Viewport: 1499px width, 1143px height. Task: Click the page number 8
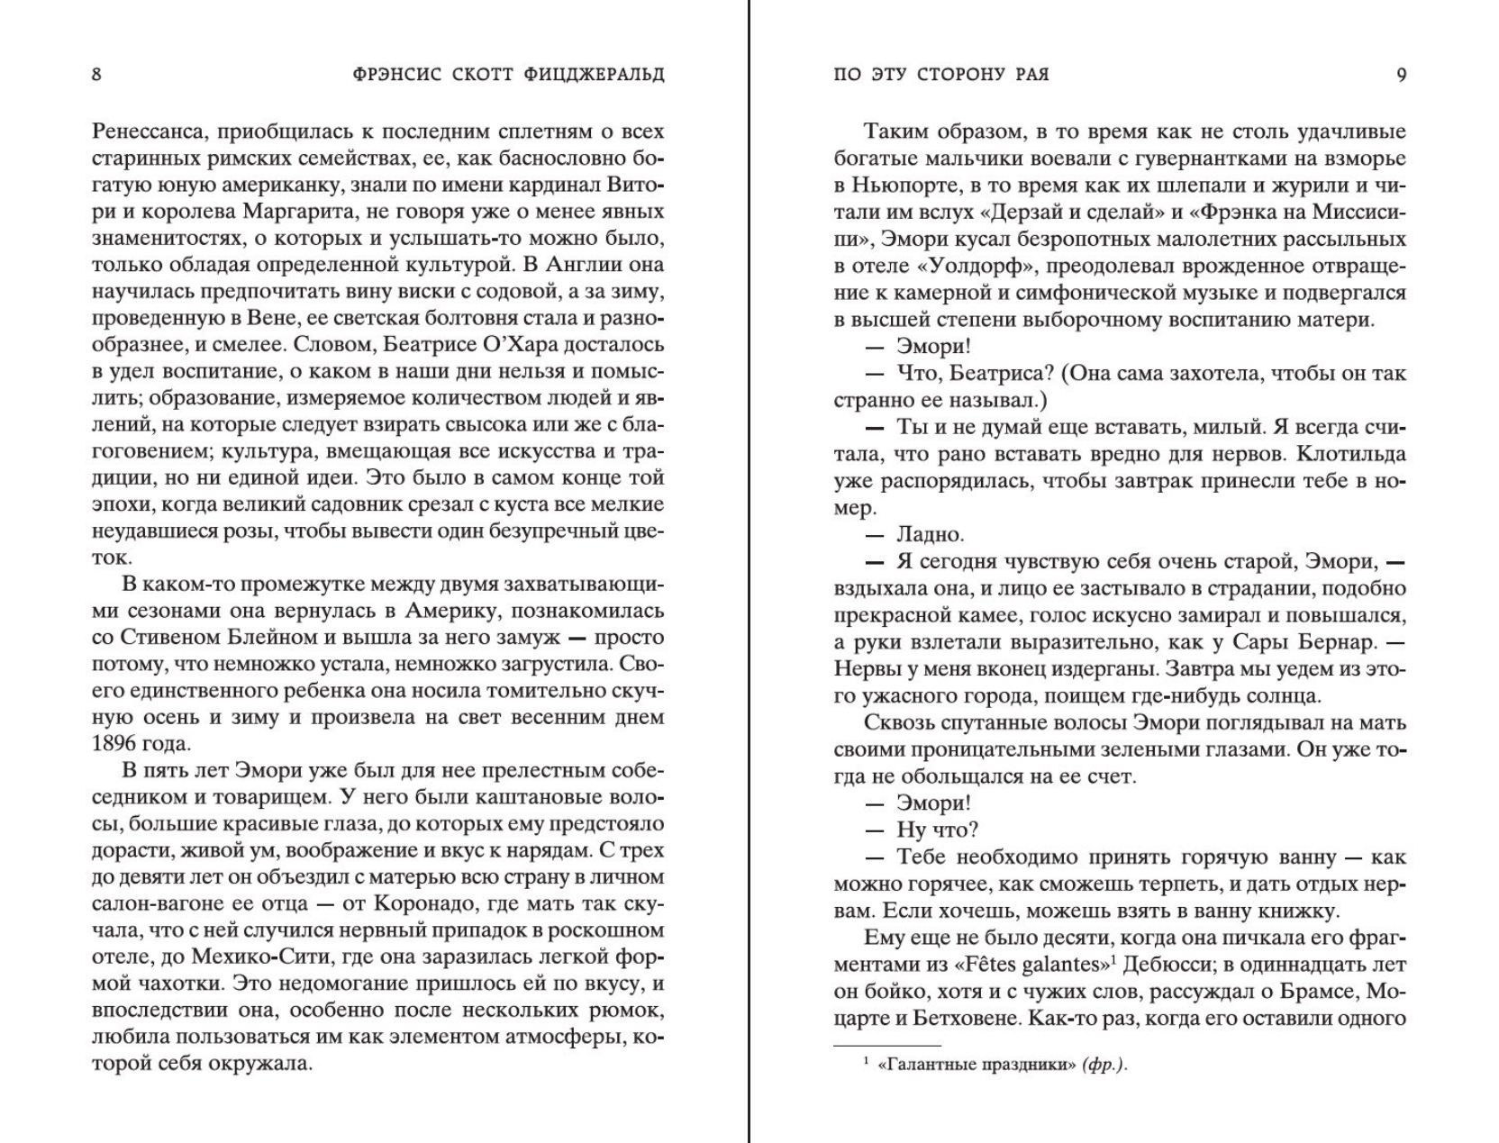pyautogui.click(x=96, y=74)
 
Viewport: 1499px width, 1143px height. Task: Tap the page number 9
pyautogui.click(x=1401, y=74)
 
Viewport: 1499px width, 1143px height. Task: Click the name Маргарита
pyautogui.click(x=294, y=212)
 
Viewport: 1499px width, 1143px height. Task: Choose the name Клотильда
pyautogui.click(x=1341, y=454)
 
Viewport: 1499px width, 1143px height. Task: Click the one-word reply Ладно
pyautogui.click(x=931, y=534)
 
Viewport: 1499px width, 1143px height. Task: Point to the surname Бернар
pyautogui.click(x=1331, y=642)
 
